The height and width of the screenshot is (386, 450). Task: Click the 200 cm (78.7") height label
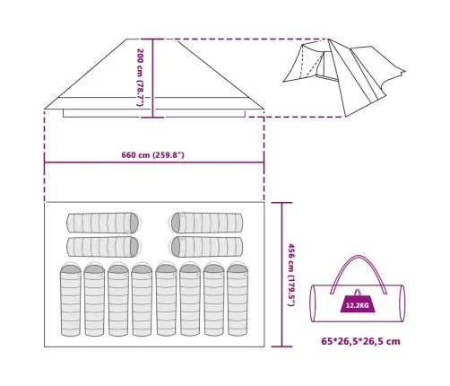[140, 77]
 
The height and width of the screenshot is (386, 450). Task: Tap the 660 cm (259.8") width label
[152, 155]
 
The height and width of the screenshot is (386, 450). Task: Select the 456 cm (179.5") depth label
[291, 275]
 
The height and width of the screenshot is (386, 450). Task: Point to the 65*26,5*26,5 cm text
[360, 341]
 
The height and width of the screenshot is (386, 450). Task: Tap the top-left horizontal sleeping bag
[104, 223]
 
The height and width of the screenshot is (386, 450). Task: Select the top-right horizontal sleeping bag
[206, 223]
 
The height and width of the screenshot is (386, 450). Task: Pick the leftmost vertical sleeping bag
[71, 299]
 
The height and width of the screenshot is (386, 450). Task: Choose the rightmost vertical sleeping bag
[238, 299]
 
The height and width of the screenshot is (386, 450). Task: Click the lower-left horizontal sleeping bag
[104, 247]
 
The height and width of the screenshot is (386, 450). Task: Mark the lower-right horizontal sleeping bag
[206, 247]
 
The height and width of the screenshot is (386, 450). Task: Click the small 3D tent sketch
[343, 76]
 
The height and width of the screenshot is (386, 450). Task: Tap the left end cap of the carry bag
[313, 303]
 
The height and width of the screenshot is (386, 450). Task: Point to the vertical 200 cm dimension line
[152, 78]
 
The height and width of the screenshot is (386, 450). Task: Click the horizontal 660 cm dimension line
[154, 162]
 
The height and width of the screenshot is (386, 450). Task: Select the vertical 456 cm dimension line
[281, 275]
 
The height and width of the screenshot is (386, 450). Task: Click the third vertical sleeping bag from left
[118, 299]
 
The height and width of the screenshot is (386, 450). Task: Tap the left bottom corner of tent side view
[44, 109]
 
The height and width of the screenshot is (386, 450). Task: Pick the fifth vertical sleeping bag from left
[166, 299]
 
